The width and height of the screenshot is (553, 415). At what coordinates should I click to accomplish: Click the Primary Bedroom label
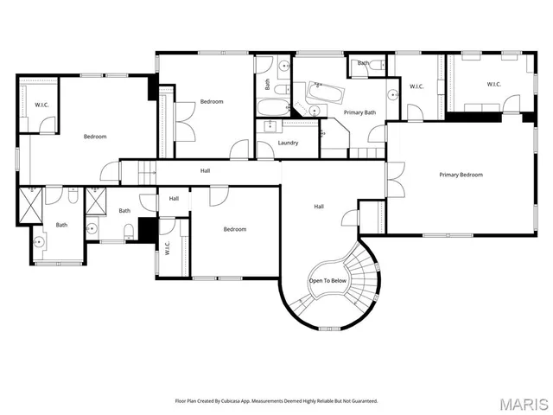click(x=461, y=175)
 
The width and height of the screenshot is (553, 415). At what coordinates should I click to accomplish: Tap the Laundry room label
click(x=289, y=143)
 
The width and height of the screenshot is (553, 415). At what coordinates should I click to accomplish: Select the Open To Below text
click(x=327, y=281)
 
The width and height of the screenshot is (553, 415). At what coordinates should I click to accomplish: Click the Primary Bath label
click(x=359, y=112)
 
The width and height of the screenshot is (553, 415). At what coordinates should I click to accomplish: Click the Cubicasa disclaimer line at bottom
click(x=276, y=400)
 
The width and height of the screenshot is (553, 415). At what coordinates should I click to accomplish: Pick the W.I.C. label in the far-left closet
click(x=41, y=105)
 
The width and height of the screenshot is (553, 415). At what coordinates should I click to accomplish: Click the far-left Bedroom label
click(x=95, y=137)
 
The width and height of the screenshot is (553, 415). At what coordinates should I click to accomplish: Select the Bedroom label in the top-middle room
click(x=212, y=102)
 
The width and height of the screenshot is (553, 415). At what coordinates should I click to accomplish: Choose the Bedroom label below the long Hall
click(x=235, y=229)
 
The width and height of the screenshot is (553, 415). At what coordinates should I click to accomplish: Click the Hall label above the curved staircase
click(x=319, y=207)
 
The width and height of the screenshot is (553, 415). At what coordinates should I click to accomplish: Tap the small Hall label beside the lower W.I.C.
click(x=174, y=199)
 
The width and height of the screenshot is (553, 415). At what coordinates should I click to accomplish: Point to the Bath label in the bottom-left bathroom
click(x=61, y=226)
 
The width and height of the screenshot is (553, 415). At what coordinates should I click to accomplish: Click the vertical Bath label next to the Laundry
click(x=267, y=85)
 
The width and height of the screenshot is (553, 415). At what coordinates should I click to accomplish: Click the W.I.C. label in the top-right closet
click(x=494, y=84)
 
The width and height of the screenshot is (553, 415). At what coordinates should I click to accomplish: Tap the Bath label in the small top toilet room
click(x=364, y=63)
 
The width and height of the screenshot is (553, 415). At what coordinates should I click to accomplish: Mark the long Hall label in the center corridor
click(x=206, y=170)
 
